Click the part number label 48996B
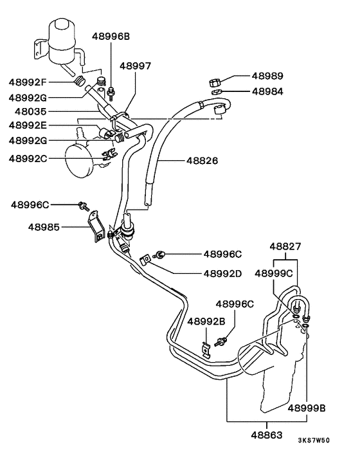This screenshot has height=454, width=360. click(111, 37)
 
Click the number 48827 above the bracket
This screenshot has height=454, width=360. click(285, 246)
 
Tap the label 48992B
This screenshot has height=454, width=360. click(206, 320)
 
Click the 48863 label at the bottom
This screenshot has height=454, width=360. click(265, 435)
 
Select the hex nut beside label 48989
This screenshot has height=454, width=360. click(216, 82)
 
